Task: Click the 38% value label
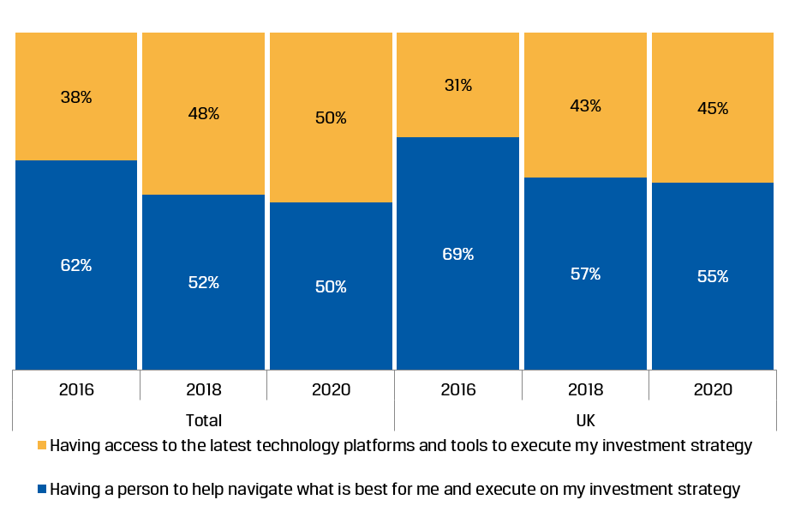pyautogui.click(x=76, y=98)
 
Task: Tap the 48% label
pyautogui.click(x=204, y=114)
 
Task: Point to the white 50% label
pyautogui.click(x=331, y=287)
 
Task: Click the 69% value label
pyautogui.click(x=457, y=255)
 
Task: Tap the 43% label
pyautogui.click(x=585, y=106)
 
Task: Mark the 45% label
pyautogui.click(x=713, y=109)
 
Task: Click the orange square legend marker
pyautogui.click(x=42, y=445)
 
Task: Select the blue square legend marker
pyautogui.click(x=42, y=489)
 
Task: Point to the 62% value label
pyautogui.click(x=76, y=266)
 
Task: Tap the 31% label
pyautogui.click(x=457, y=86)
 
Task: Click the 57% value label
pyautogui.click(x=585, y=274)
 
